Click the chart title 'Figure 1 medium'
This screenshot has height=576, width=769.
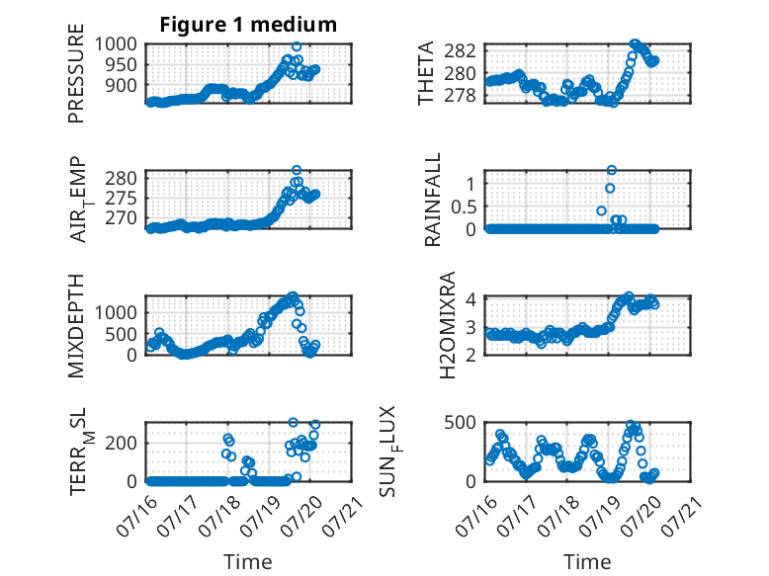click(x=248, y=25)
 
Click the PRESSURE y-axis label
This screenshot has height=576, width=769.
click(x=76, y=73)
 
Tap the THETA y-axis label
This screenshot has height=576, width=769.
click(x=426, y=73)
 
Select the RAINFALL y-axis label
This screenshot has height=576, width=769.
click(x=433, y=200)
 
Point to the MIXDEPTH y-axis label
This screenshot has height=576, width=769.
click(x=76, y=326)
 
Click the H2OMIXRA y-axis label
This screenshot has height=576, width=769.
click(x=448, y=325)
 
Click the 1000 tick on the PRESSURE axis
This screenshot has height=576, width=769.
click(x=116, y=44)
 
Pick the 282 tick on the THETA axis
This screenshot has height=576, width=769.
click(x=460, y=50)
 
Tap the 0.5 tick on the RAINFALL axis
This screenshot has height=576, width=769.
click(x=464, y=206)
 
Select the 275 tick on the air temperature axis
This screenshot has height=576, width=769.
click(x=122, y=199)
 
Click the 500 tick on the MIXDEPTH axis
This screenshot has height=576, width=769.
click(x=122, y=334)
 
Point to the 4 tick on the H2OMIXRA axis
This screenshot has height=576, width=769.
click(x=471, y=299)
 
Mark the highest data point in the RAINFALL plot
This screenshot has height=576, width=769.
click(x=611, y=170)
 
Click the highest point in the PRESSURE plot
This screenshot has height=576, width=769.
click(x=297, y=46)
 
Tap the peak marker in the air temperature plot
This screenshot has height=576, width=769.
click(x=297, y=170)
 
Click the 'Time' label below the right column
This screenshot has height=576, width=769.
click(x=587, y=562)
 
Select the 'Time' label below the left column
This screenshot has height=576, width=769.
click(x=248, y=562)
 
